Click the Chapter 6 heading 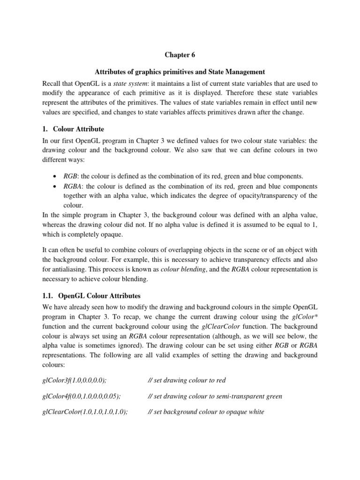click(180, 55)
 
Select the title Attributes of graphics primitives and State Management click(180, 72)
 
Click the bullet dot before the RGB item click(56, 176)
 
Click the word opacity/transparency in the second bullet click(265, 195)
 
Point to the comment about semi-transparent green click(215, 396)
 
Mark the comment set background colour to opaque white click(206, 412)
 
